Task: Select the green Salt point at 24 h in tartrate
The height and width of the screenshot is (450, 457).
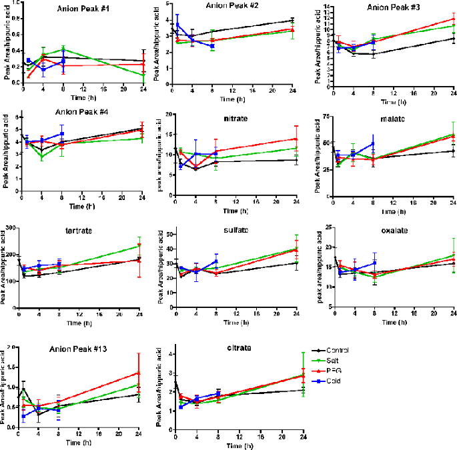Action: point(139,246)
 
